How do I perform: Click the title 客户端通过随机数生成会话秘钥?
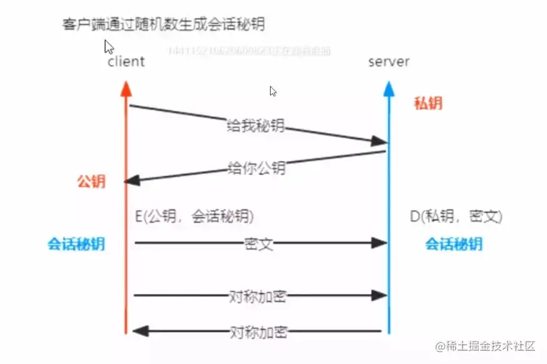pyautogui.click(x=164, y=24)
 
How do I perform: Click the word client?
pyautogui.click(x=126, y=61)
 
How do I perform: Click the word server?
pyautogui.click(x=389, y=61)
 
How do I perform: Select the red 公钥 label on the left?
pyautogui.click(x=91, y=181)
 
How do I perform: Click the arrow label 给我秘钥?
pyautogui.click(x=256, y=126)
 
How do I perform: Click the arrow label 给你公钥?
pyautogui.click(x=256, y=168)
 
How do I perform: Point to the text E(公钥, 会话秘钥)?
pyautogui.click(x=194, y=216)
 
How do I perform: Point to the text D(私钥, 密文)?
pyautogui.click(x=456, y=216)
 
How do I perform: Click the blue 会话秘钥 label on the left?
pyautogui.click(x=76, y=244)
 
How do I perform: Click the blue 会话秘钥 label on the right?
pyautogui.click(x=454, y=244)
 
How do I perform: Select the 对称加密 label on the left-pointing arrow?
pyautogui.click(x=258, y=331)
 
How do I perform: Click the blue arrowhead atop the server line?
pyautogui.click(x=389, y=89)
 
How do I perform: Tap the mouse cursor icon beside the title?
pyautogui.click(x=109, y=47)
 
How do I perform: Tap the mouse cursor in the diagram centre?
pyautogui.click(x=273, y=91)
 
